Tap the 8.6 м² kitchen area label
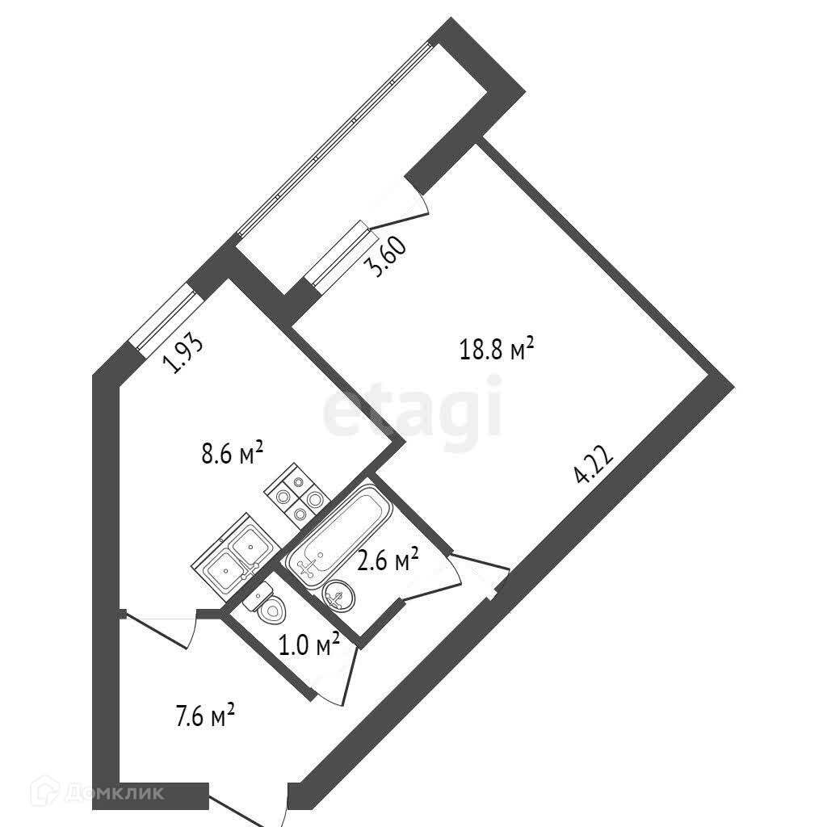[233, 454]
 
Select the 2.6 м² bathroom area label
[388, 560]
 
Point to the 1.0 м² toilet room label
[309, 645]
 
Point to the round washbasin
[337, 596]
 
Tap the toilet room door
[343, 674]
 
